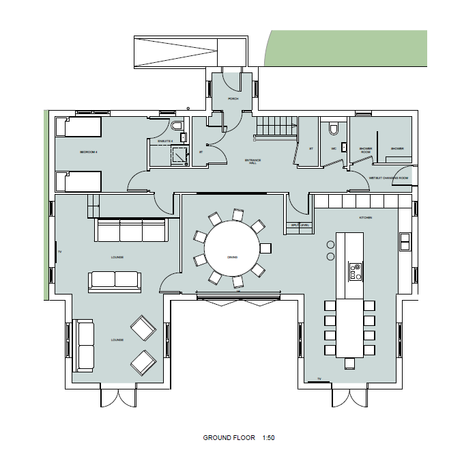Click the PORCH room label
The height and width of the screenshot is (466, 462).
click(233, 99)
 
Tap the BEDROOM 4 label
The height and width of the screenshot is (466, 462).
click(89, 152)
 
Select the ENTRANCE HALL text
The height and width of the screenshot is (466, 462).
click(254, 161)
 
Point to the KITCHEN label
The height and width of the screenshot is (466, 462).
click(366, 217)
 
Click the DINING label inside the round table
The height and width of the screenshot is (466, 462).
click(232, 257)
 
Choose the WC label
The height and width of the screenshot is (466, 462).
click(334, 148)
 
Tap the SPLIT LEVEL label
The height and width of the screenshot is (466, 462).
click(300, 225)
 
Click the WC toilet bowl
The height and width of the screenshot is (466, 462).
click(333, 128)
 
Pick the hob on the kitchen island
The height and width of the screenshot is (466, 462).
click(355, 271)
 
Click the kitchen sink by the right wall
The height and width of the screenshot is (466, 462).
click(405, 241)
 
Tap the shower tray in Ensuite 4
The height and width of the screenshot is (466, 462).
click(179, 155)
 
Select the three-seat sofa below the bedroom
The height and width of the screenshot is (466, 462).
click(131, 230)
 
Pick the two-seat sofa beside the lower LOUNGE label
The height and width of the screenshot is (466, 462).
click(85, 345)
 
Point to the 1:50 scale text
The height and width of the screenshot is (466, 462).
click(268, 438)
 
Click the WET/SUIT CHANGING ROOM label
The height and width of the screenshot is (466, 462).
click(388, 178)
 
